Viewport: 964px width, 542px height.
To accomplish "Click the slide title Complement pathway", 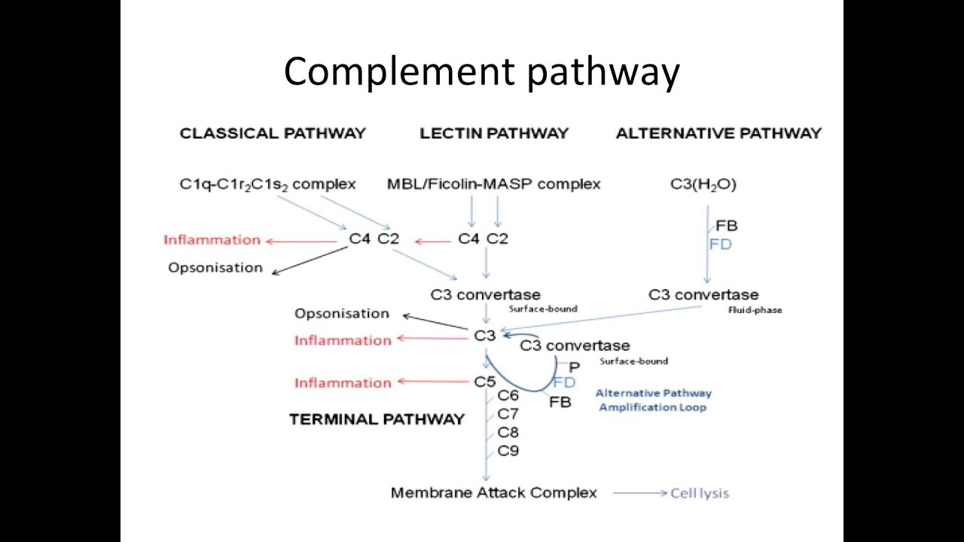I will (482, 72).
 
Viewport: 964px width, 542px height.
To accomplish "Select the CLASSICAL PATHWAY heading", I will (273, 133).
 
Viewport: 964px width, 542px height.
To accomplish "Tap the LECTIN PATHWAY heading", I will (494, 133).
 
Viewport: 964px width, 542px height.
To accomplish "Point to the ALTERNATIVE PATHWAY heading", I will (718, 133).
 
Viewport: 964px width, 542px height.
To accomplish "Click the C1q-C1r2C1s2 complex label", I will (267, 184).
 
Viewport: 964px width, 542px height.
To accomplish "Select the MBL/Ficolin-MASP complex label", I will (494, 184).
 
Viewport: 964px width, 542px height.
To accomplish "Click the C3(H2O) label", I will (703, 184).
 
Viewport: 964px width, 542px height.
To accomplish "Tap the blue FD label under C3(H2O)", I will (721, 245).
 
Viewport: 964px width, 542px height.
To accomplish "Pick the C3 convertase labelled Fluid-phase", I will (703, 294).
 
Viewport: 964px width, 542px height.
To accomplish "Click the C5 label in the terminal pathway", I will (485, 382).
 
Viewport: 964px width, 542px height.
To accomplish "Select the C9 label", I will (508, 451).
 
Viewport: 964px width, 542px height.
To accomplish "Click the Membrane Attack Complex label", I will (494, 493).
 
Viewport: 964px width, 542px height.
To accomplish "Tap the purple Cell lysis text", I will (700, 493).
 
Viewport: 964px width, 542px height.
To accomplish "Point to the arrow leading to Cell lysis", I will (639, 493).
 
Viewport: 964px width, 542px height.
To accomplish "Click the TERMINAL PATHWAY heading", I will (377, 419).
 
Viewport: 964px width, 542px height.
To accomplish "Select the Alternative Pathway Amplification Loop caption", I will (653, 400).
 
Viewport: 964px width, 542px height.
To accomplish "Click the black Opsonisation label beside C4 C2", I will (215, 268).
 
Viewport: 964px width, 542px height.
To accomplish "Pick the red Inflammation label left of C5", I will (343, 382).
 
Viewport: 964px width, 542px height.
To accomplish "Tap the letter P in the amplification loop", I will (575, 367).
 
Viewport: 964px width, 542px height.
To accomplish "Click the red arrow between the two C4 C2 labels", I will (432, 242).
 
